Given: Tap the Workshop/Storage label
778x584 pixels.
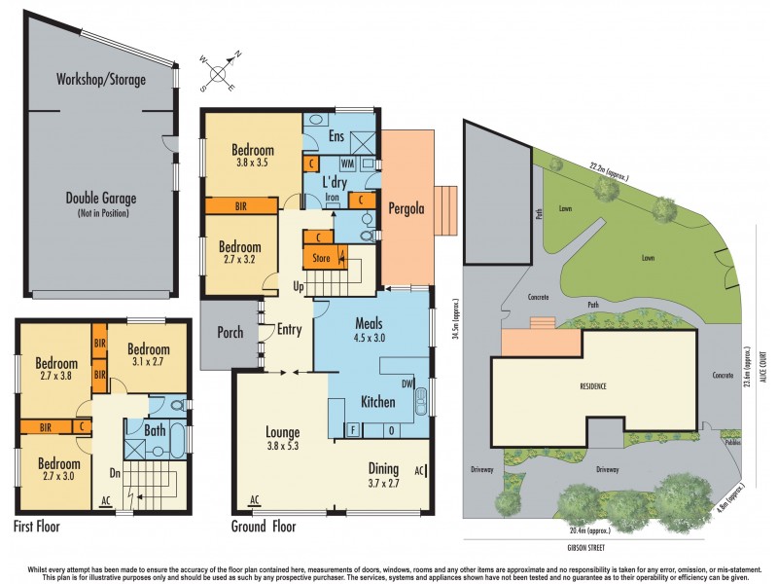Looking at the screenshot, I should [100, 80].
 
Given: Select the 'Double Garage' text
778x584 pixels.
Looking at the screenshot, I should [101, 199].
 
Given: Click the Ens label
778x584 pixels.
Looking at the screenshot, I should [337, 136].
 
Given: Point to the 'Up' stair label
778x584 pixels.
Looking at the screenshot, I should [299, 287].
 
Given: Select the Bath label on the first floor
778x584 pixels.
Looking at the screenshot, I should [155, 429].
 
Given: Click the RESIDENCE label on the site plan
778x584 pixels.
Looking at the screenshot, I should [593, 386].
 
